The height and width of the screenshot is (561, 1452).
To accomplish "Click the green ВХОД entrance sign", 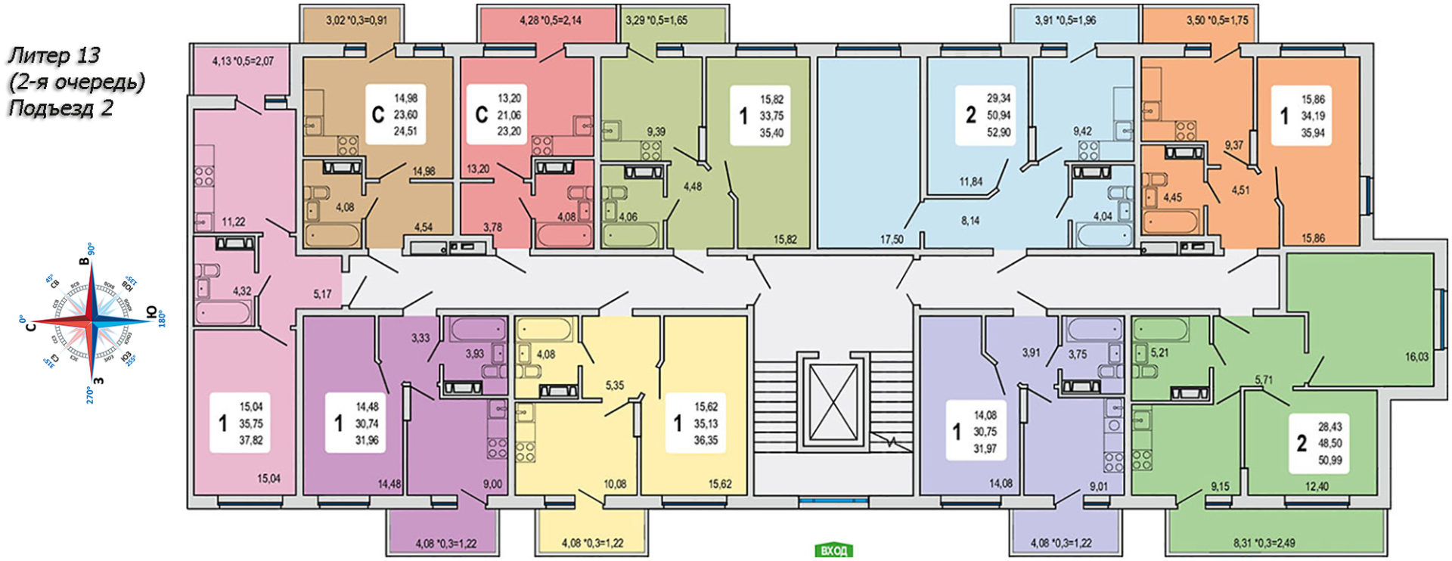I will coord(833,550).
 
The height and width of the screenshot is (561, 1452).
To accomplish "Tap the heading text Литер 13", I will coord(54,55).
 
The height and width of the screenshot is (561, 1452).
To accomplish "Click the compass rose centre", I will coord(92,321).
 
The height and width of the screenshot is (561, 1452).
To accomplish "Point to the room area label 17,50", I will coord(892,239).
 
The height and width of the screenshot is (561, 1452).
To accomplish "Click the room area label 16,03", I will coord(1416,356).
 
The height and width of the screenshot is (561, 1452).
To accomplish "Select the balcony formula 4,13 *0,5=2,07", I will coord(242,61).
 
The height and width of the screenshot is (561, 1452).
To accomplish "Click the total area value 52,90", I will coord(998,132).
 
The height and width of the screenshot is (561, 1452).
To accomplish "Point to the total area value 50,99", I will coord(1329,460).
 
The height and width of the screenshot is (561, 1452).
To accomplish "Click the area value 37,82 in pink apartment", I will coord(251,440).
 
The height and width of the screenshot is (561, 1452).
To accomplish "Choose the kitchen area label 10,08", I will coord(614,484).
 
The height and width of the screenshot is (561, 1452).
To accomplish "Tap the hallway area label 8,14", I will coord(970,221).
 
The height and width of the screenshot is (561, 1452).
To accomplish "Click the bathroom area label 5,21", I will coord(1159,352).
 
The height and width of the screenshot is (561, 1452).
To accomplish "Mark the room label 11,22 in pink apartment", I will coord(233,222).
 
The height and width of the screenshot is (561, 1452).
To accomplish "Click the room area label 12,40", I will coord(1317,486).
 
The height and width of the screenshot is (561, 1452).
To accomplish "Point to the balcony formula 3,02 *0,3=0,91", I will coord(356,20).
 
